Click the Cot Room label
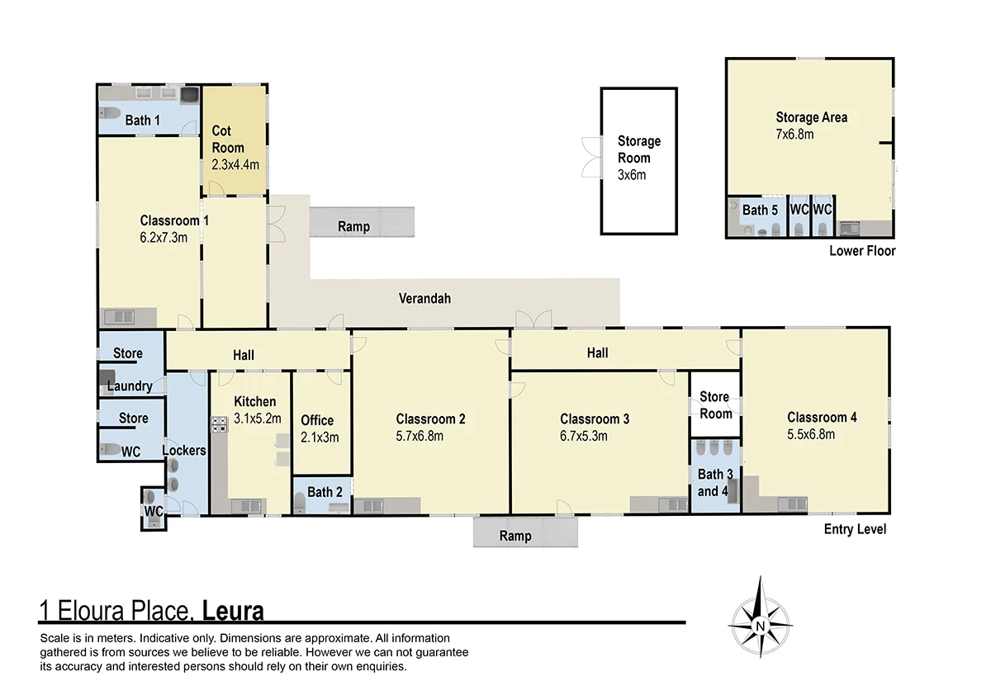[227, 140]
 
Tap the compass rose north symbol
[760, 617]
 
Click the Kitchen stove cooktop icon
[220, 425]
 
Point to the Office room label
[317, 420]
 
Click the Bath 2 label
[325, 493]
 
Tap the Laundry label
[130, 385]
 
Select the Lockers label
[184, 451]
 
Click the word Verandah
[424, 299]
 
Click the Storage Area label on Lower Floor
[811, 117]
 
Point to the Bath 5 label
[760, 210]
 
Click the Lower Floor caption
[862, 251]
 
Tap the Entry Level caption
[855, 529]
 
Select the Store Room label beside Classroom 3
[715, 405]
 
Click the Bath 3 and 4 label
[714, 483]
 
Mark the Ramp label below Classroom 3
[515, 537]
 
